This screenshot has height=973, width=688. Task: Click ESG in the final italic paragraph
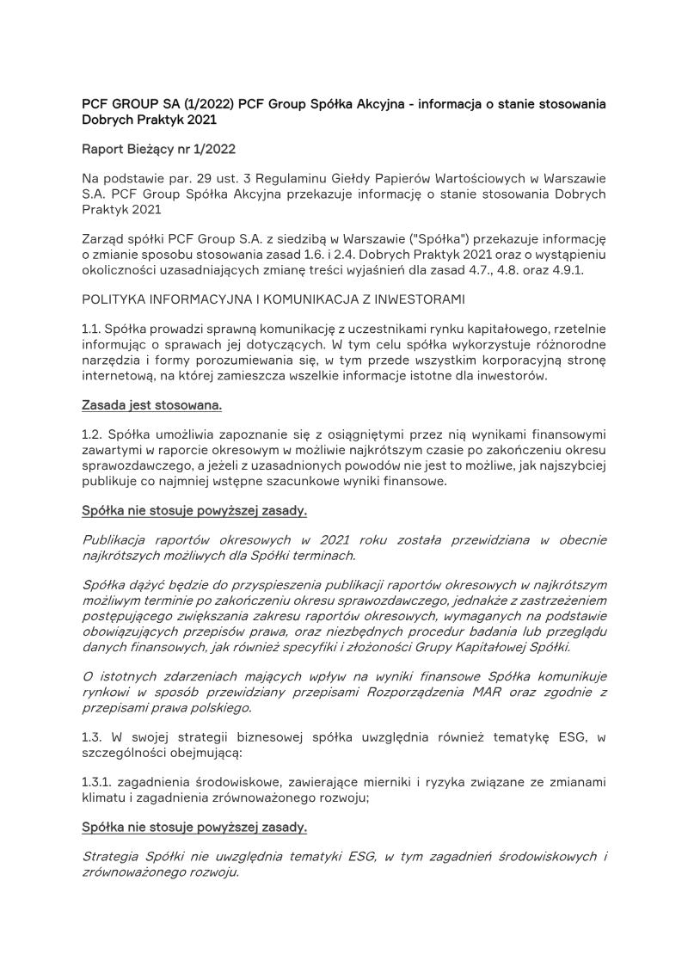[x=362, y=856]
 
